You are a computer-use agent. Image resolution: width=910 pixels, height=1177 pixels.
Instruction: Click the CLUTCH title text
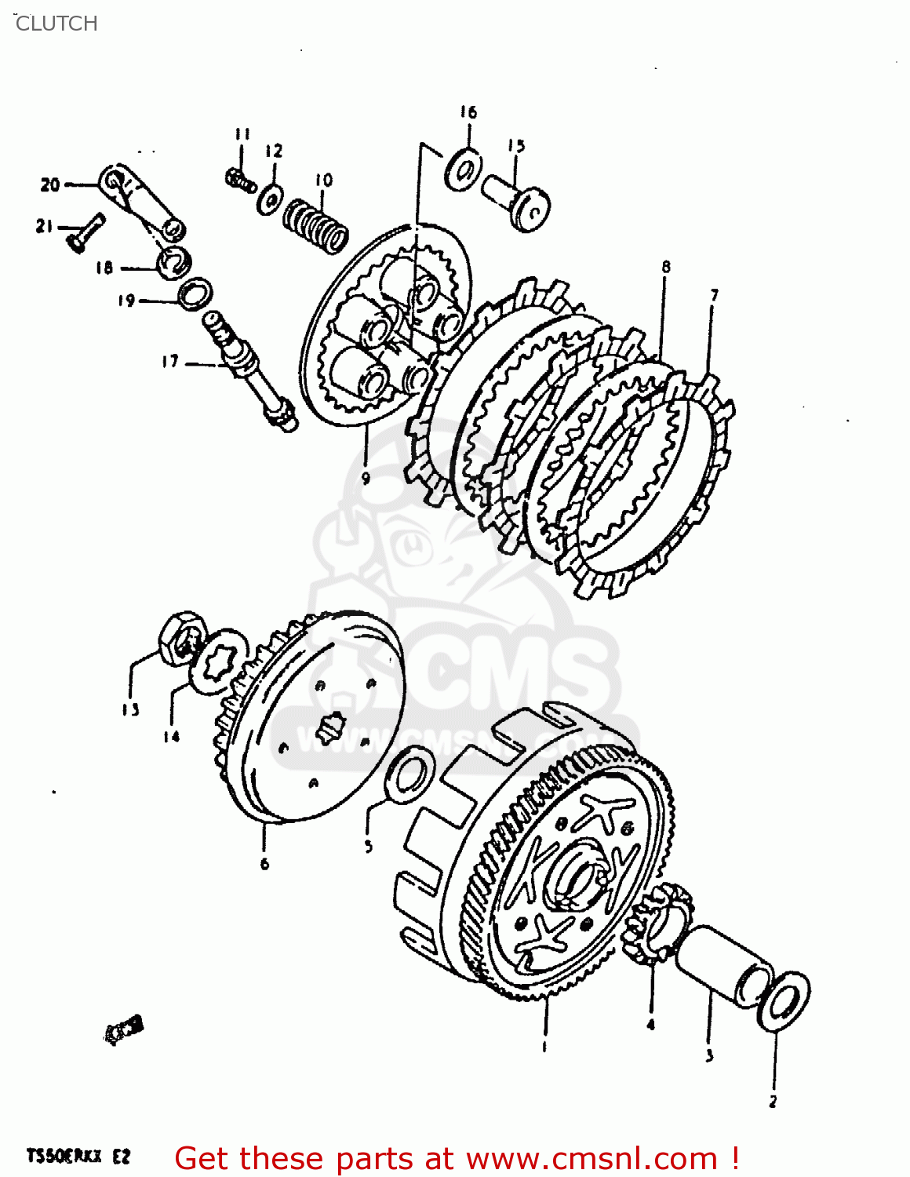click(56, 24)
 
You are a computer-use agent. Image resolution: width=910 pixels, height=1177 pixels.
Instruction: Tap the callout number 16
click(468, 112)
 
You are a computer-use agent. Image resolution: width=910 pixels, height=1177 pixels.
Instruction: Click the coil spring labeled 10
click(315, 224)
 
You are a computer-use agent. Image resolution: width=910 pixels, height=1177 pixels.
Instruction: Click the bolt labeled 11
click(240, 180)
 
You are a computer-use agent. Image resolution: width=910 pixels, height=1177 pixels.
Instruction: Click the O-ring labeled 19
click(194, 293)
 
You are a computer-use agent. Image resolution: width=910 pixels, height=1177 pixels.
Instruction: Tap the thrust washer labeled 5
click(409, 775)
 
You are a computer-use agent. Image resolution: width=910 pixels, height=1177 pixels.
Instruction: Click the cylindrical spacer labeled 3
click(723, 964)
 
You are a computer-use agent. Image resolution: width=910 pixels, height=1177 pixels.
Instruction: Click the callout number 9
click(366, 477)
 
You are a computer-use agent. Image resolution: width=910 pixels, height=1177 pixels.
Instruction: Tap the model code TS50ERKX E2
click(78, 1156)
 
